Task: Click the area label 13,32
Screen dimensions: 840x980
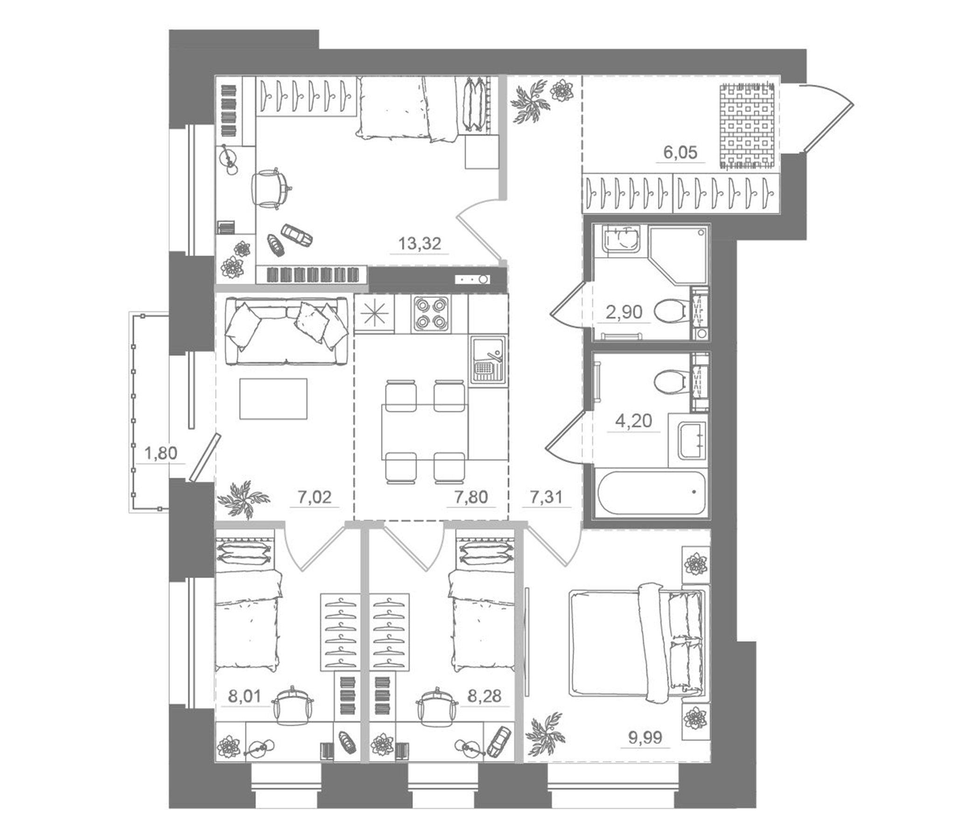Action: (x=419, y=244)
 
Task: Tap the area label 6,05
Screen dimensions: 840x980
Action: (x=680, y=152)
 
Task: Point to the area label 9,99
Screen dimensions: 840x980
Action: (x=644, y=737)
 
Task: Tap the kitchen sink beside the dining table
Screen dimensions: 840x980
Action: (x=488, y=358)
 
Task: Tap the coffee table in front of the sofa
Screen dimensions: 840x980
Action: (x=273, y=398)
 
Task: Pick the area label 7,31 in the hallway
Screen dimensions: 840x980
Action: (x=546, y=497)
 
